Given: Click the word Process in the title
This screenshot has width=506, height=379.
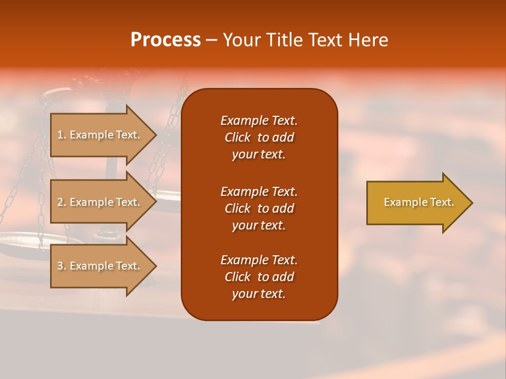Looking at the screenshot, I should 166,40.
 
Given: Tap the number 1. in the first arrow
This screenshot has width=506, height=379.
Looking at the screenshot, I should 62,135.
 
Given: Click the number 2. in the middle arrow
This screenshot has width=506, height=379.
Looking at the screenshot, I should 62,202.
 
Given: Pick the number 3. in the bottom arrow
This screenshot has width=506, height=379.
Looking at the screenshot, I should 62,266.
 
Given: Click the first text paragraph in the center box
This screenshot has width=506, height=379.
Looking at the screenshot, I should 259,137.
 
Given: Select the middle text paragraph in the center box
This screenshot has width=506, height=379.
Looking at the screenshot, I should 259,208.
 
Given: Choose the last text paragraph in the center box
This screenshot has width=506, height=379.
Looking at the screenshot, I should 259,277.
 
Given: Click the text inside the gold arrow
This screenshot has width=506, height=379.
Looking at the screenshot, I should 419,202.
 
